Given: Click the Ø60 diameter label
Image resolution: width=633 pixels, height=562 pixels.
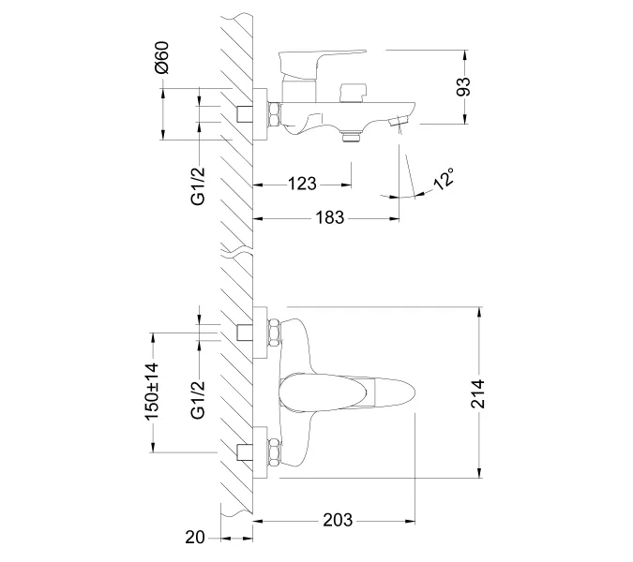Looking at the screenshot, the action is (x=162, y=57).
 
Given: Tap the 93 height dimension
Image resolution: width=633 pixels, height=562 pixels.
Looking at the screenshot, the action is (x=463, y=87).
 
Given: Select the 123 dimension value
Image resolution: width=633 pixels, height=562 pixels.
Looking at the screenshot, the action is (x=302, y=184).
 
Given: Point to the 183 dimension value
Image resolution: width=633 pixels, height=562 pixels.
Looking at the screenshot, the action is (x=330, y=217).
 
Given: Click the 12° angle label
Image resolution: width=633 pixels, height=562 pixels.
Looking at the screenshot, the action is (x=444, y=178).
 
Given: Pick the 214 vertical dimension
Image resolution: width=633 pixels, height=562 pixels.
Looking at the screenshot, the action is (x=478, y=394).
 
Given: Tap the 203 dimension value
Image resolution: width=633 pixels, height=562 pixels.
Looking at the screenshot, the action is (x=338, y=520).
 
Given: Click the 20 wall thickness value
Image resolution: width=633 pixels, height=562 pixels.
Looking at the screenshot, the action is (x=195, y=538).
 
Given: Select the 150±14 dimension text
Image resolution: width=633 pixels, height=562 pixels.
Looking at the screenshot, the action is (x=153, y=392).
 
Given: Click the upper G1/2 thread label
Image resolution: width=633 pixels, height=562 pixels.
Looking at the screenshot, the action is (x=198, y=185).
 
